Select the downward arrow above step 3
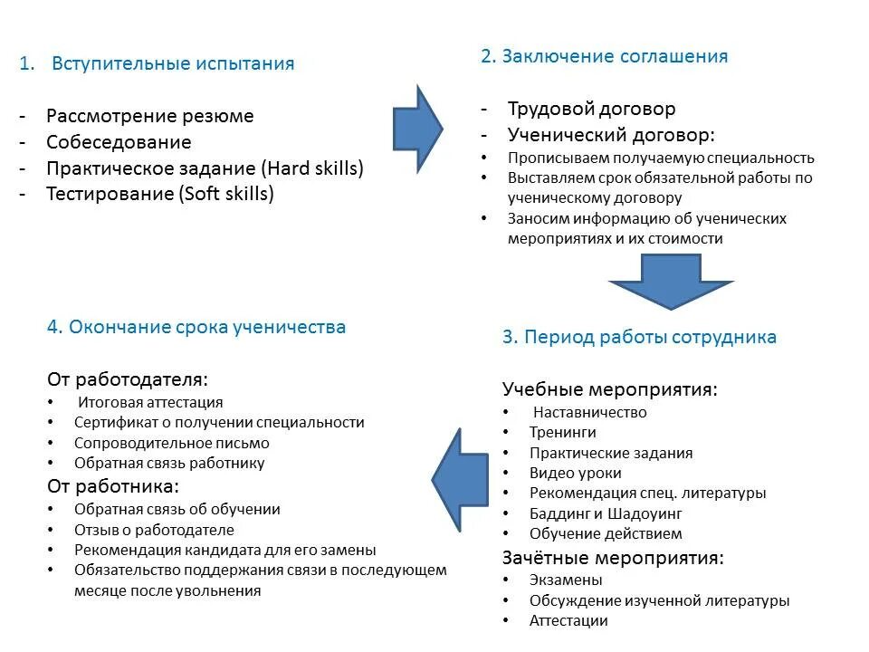(x=670, y=280)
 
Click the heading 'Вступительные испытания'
(x=173, y=63)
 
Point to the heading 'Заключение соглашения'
(x=616, y=56)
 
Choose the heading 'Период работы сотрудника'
(x=639, y=337)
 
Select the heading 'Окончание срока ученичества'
(x=196, y=327)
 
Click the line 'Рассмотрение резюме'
(x=150, y=116)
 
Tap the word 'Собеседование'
(x=119, y=142)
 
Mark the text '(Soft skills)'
(x=226, y=193)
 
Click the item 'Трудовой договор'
(x=591, y=109)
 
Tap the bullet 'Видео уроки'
(x=576, y=473)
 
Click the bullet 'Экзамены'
(x=566, y=580)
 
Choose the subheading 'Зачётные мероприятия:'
(x=613, y=558)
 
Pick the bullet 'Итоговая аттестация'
(x=150, y=402)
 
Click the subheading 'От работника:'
(x=112, y=486)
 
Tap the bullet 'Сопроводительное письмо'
(x=172, y=443)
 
